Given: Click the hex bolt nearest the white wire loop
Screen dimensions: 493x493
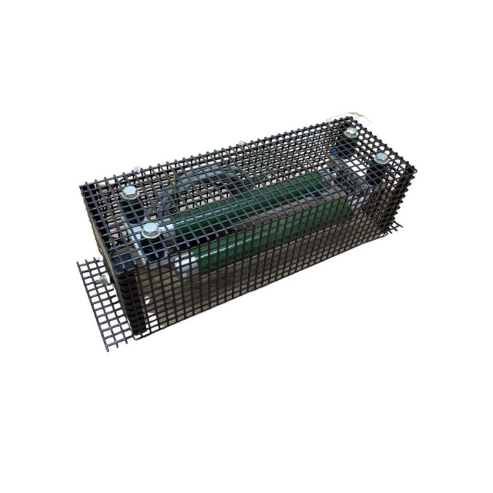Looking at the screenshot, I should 351,132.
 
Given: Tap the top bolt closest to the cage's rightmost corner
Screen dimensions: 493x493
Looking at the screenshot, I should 381,158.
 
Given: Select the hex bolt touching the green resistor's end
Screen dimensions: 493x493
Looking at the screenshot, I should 151,230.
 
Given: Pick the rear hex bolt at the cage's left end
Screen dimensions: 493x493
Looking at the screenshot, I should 128,195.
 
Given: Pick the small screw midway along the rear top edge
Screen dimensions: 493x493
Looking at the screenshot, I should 240,143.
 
